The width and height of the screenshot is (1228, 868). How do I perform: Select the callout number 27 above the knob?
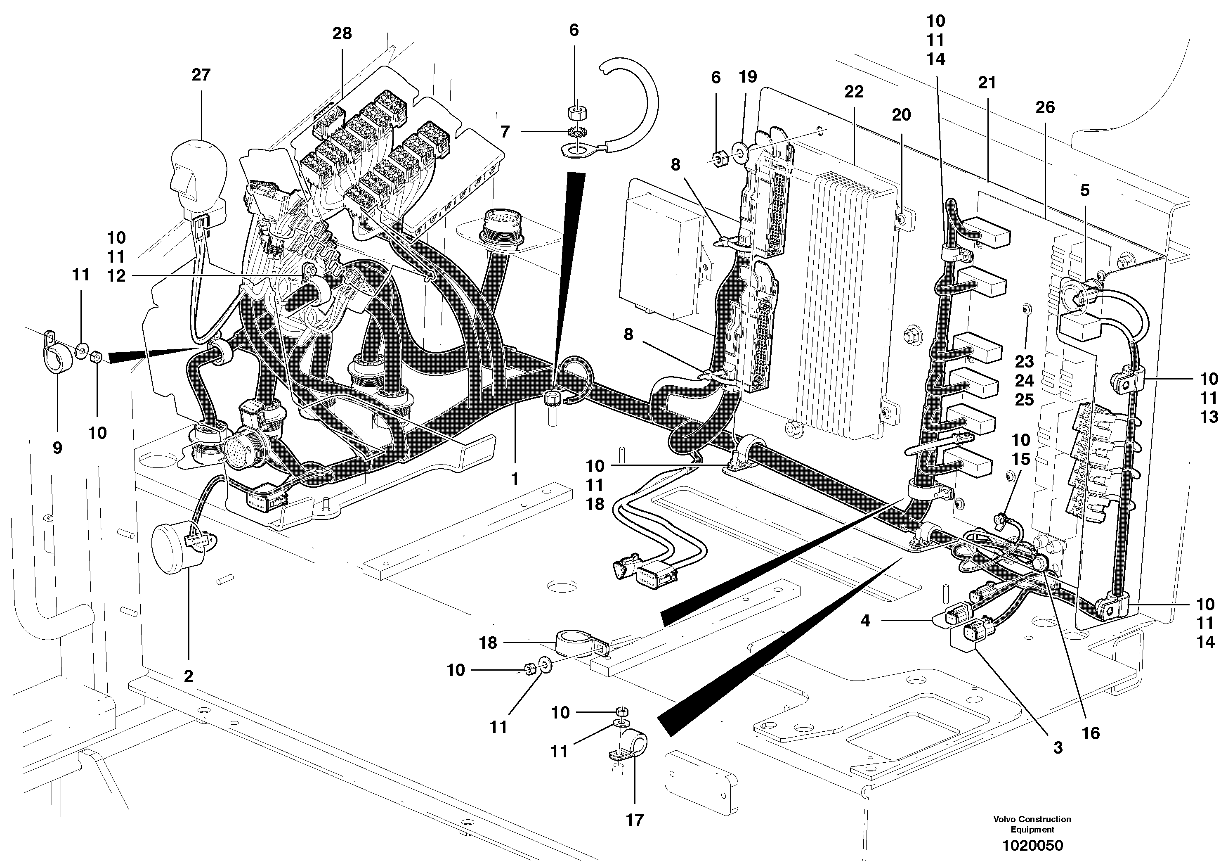(201, 75)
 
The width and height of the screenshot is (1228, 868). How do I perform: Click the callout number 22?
(854, 92)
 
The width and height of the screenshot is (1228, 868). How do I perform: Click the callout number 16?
(1091, 733)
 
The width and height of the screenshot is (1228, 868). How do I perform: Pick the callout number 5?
(1085, 190)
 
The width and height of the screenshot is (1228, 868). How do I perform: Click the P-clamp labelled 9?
(55, 358)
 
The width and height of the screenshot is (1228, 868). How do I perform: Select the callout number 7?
(505, 132)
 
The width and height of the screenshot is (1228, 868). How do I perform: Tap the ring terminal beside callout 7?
(575, 152)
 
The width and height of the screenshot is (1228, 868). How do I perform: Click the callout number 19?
(748, 77)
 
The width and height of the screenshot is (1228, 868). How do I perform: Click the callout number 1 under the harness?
(515, 479)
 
